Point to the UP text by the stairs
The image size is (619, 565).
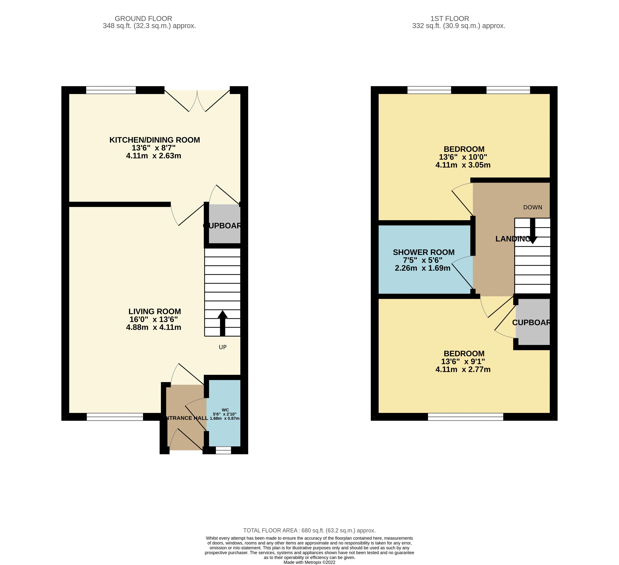tap(223, 347)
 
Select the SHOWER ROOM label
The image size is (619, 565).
tap(423, 252)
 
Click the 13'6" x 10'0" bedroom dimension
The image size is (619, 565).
tap(463, 157)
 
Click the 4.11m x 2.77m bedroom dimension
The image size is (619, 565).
tap(463, 369)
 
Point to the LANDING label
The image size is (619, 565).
tap(512, 239)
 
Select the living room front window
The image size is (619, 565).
tap(115, 417)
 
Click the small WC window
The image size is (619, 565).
tap(223, 450)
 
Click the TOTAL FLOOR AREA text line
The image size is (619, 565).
tap(309, 530)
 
